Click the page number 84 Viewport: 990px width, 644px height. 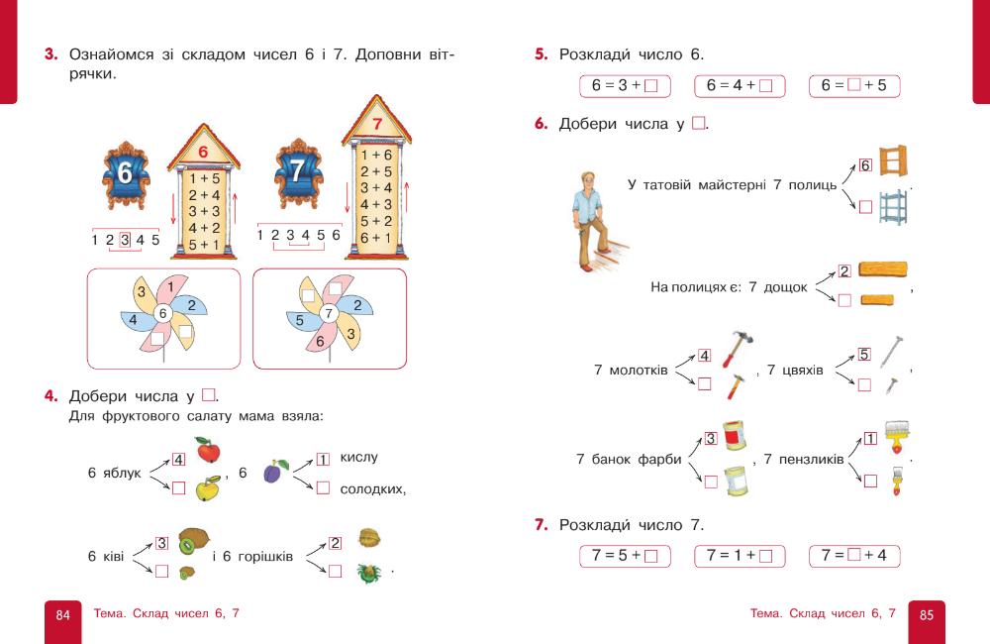(62, 615)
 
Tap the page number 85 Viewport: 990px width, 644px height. (926, 615)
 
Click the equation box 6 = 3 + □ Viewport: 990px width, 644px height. (625, 85)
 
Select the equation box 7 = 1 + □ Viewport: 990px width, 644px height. (740, 555)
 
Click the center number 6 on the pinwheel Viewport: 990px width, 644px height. (163, 313)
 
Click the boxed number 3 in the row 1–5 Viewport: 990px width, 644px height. (125, 239)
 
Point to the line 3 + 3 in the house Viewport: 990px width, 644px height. (203, 210)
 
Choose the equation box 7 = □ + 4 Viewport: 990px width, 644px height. (854, 555)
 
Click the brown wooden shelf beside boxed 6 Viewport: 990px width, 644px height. (891, 162)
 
